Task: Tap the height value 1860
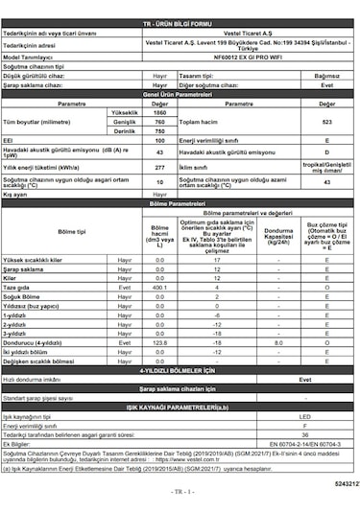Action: [159, 114]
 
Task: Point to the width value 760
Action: [159, 123]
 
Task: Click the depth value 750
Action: [159, 131]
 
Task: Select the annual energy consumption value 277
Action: [159, 167]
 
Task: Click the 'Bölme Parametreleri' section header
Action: [179, 204]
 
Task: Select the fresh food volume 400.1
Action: [159, 287]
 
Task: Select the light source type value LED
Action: [305, 417]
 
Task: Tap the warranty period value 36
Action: [305, 433]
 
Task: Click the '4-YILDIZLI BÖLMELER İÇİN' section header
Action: [179, 369]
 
